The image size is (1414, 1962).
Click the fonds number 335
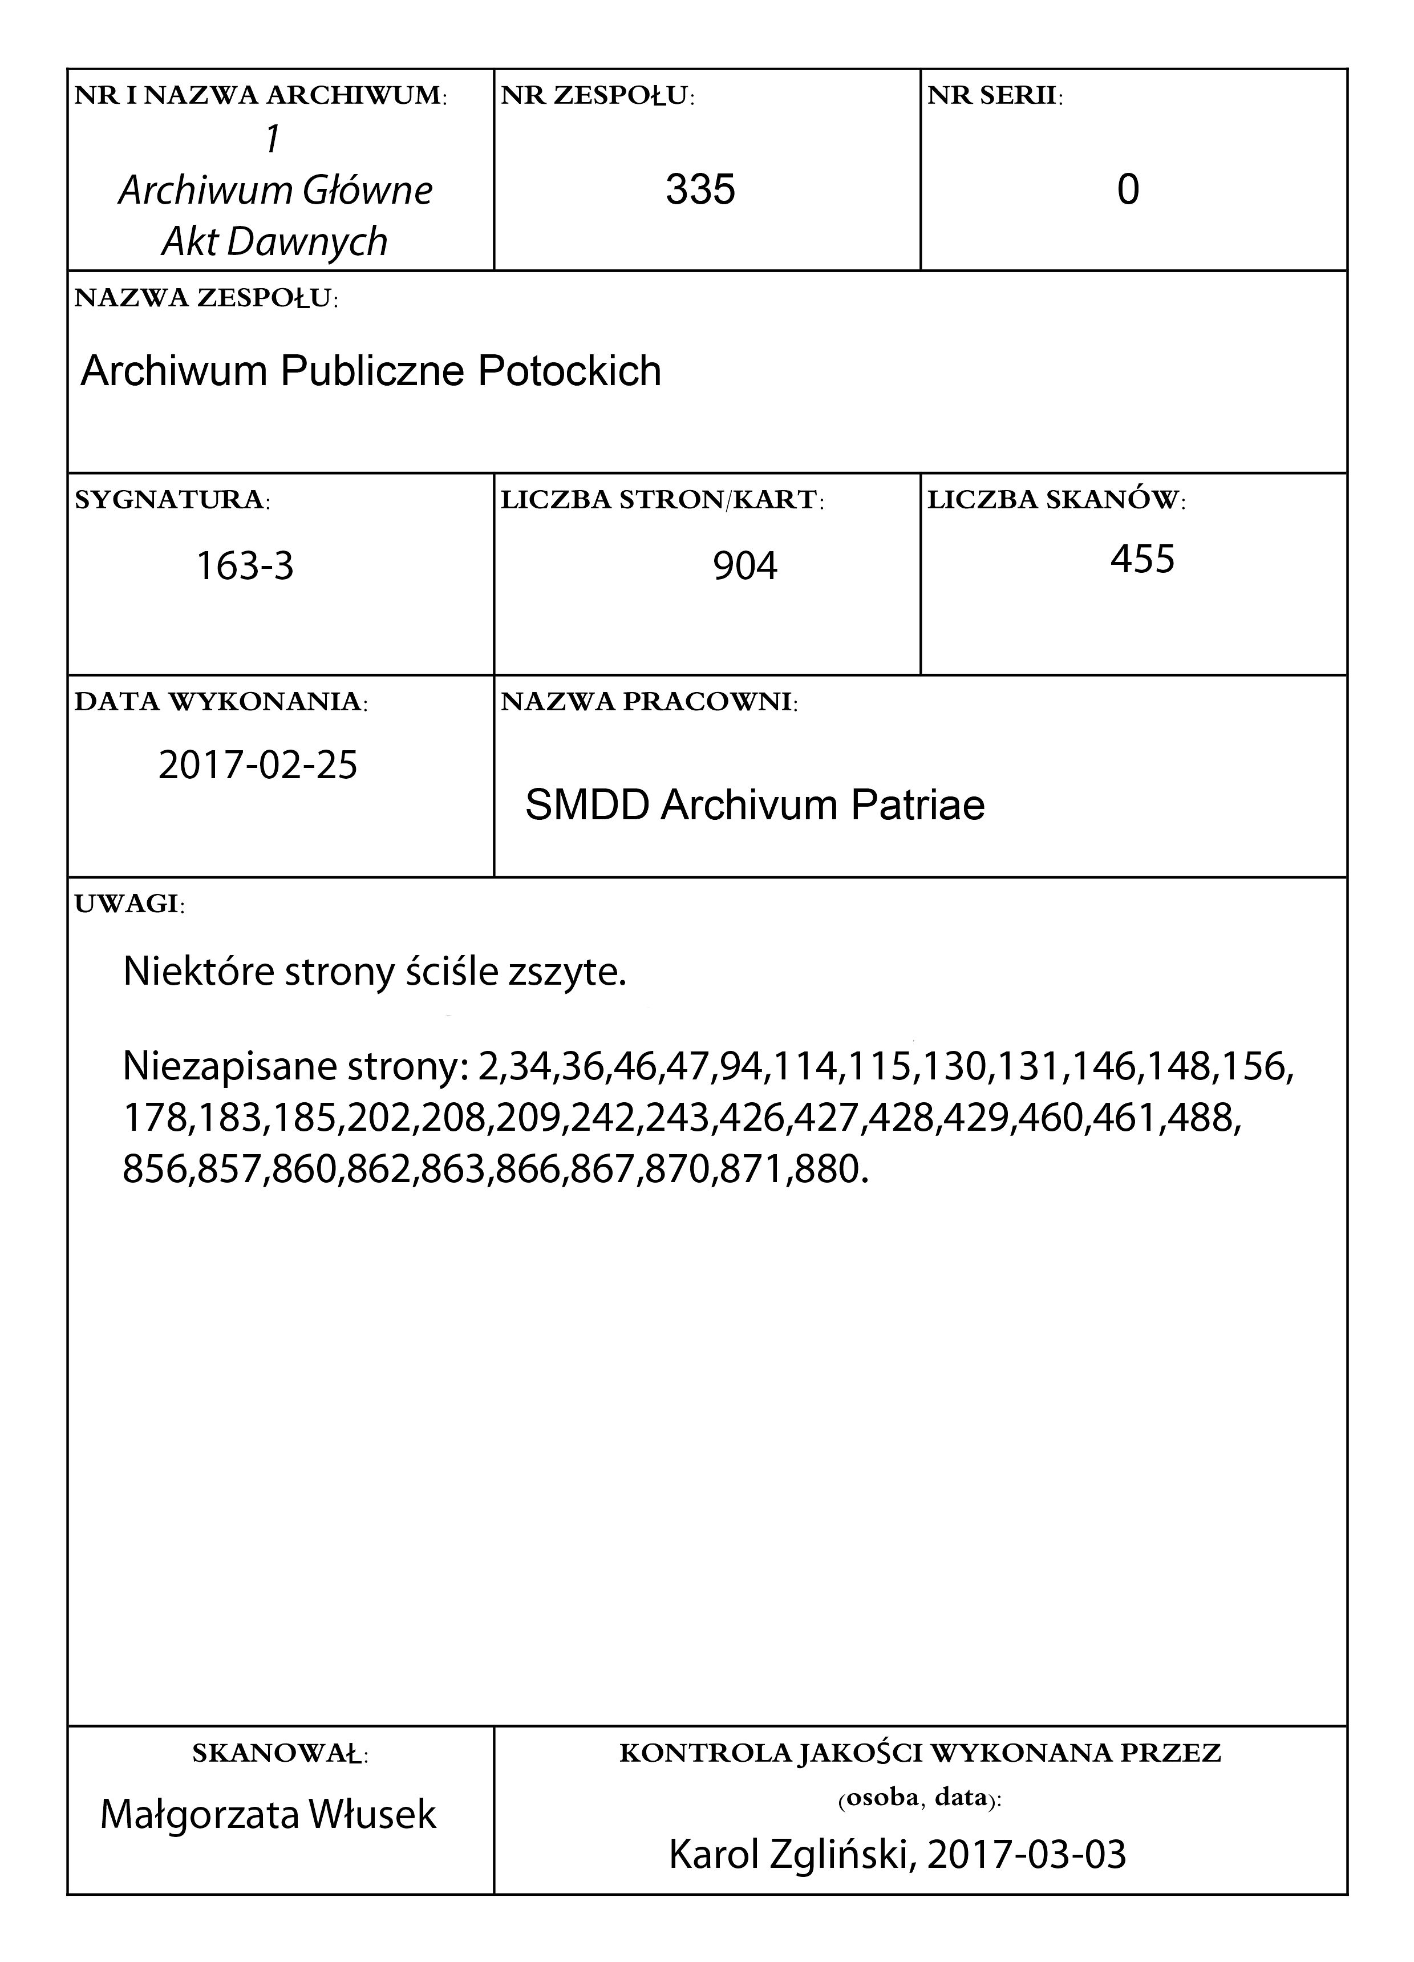pos(700,189)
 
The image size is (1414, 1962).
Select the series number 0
pos(1128,189)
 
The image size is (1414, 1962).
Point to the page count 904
pos(744,567)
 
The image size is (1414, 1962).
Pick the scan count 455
pos(1142,559)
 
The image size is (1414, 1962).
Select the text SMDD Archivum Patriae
pos(755,806)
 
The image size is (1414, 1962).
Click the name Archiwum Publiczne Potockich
pos(371,371)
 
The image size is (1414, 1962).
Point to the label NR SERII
pos(995,96)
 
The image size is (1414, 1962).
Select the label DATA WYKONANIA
pos(221,702)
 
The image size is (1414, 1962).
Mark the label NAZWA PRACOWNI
pos(649,702)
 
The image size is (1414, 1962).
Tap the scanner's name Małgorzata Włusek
pos(268,1814)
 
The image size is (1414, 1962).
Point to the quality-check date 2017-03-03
pos(1027,1855)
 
